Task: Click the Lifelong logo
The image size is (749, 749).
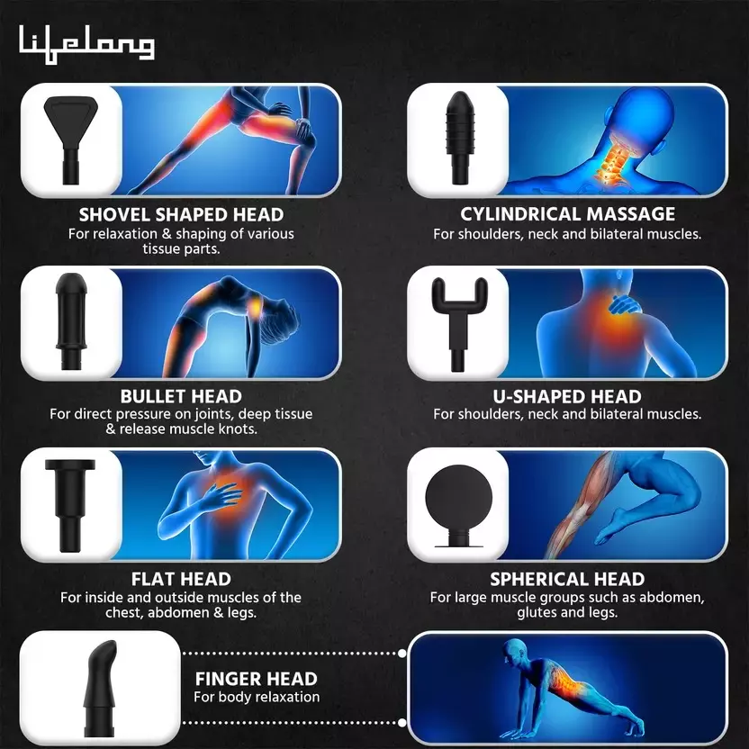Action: pyautogui.click(x=86, y=43)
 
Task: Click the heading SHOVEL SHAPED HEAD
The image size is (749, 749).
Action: pyautogui.click(x=181, y=215)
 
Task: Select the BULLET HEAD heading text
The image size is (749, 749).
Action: pyautogui.click(x=181, y=397)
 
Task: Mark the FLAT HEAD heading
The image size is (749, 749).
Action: pyautogui.click(x=181, y=579)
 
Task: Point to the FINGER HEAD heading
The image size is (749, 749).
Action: pyautogui.click(x=257, y=679)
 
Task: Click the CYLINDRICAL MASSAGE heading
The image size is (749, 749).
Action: pyautogui.click(x=567, y=215)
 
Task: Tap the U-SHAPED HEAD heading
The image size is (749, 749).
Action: pyautogui.click(x=567, y=397)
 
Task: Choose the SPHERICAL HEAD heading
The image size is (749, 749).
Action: pyautogui.click(x=567, y=579)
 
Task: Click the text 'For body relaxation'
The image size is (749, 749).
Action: pyautogui.click(x=257, y=697)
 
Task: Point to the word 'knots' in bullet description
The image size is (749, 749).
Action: pyautogui.click(x=239, y=429)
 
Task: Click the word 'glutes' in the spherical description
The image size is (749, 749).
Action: pyautogui.click(x=538, y=612)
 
